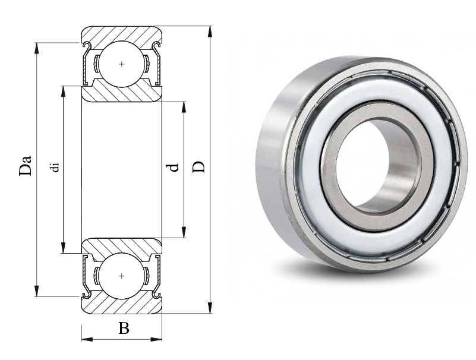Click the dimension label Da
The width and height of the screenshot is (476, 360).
coord(26,165)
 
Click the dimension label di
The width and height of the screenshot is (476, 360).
coord(55,168)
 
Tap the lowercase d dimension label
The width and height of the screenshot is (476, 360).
coord(174,168)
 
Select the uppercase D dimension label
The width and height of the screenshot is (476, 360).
coord(199,168)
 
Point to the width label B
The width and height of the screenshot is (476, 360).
coord(124,328)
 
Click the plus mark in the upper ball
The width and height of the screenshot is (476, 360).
coord(122,64)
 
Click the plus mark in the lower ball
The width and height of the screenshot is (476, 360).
coord(122,276)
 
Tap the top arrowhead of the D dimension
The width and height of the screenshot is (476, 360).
coord(210,31)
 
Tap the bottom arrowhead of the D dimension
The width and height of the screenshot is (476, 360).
coord(210,307)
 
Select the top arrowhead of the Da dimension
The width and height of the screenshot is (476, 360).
coord(37,48)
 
